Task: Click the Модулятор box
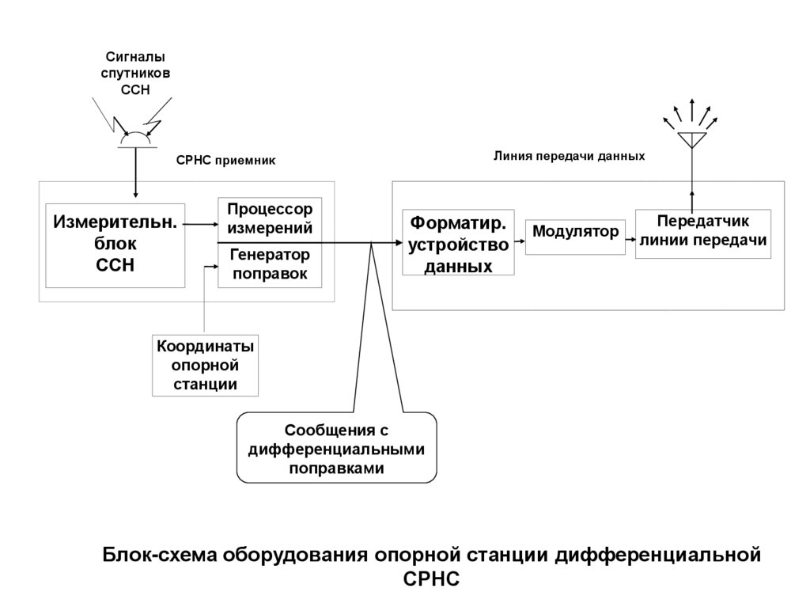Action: tap(574, 233)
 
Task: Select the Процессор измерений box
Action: tap(270, 218)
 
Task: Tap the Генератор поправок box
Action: tap(270, 265)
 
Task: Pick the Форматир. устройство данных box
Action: tap(458, 242)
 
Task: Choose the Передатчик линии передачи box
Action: tap(703, 232)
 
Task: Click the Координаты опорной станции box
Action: tap(206, 366)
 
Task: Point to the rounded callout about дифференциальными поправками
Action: tap(337, 449)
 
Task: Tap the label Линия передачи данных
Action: tap(570, 157)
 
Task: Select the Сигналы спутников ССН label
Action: tap(135, 73)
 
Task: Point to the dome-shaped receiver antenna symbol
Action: tap(135, 140)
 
